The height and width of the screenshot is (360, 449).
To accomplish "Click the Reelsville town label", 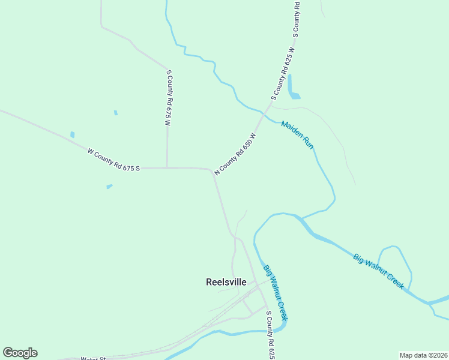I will (226, 282).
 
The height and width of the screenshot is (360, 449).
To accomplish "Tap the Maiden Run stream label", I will (297, 135).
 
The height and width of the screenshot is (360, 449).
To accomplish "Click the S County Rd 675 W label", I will (169, 97).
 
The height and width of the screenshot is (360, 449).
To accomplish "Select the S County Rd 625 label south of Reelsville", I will (271, 332).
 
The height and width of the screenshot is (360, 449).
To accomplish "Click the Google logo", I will (20, 353).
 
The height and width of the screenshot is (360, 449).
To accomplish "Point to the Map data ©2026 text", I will (423, 355).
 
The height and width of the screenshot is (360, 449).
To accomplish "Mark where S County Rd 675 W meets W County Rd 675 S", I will (167, 168).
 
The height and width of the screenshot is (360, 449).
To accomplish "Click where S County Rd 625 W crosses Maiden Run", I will (265, 112).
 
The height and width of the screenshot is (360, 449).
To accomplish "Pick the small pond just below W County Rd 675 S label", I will (109, 187).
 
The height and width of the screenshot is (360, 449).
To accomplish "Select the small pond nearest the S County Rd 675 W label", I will (116, 113).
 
